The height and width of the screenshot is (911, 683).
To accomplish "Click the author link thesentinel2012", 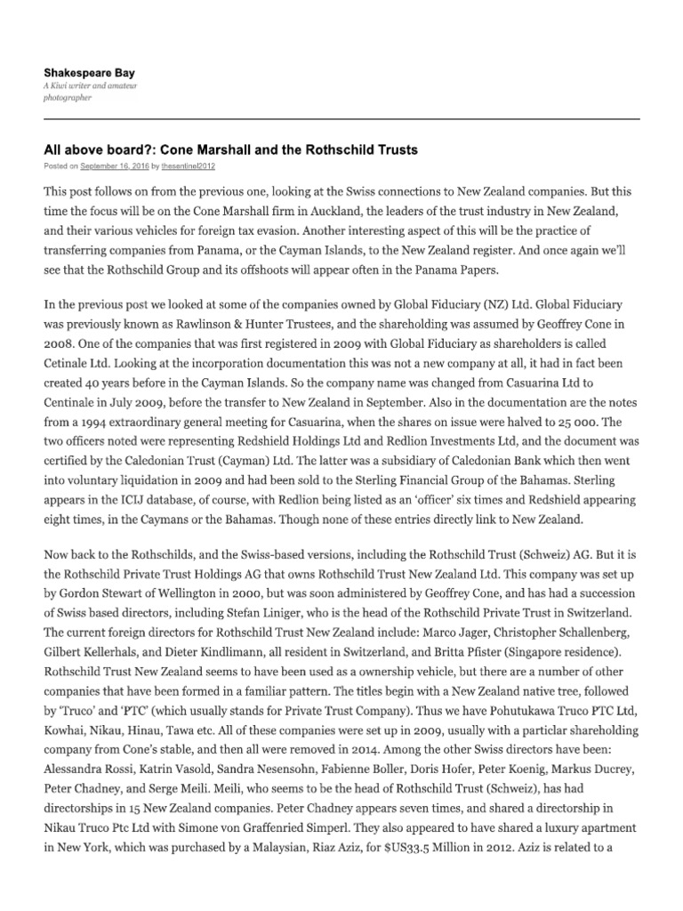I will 188,165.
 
